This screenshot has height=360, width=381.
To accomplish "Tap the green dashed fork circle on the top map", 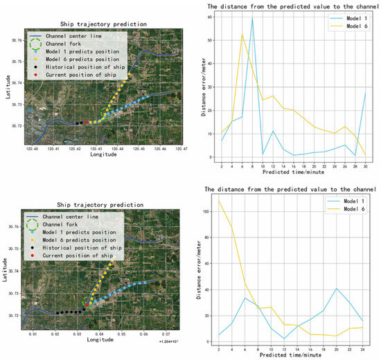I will (107, 112).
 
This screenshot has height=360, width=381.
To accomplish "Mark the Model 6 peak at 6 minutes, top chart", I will (242, 35).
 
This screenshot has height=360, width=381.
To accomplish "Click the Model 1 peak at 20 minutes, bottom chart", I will (336, 289).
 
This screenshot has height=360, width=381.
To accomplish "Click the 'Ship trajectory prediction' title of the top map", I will (103, 24).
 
